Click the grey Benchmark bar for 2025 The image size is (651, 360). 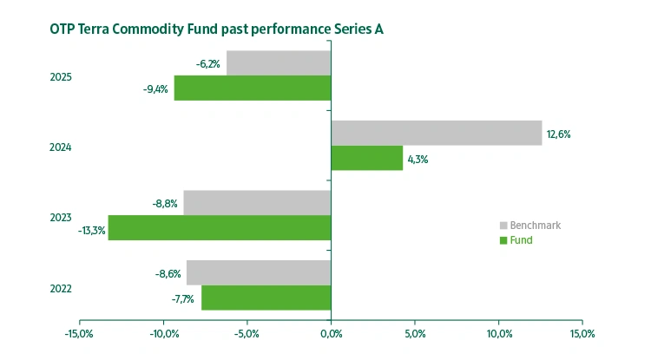click(x=279, y=63)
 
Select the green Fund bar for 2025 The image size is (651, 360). click(x=253, y=88)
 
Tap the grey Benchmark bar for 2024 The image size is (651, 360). click(x=437, y=133)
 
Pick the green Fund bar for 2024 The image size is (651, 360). click(x=367, y=158)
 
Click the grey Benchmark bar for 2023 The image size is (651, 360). click(x=257, y=203)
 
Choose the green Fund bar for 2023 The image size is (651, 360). click(x=220, y=228)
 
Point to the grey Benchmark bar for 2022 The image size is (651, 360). click(x=259, y=272)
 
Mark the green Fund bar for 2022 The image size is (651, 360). click(x=266, y=298)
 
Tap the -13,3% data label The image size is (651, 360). click(x=91, y=230)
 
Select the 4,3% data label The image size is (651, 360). click(x=417, y=160)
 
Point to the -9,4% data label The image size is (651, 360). click(x=155, y=88)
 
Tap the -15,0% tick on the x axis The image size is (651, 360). click(x=79, y=333)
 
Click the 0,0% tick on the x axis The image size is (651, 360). click(x=331, y=333)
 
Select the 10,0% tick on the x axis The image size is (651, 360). click(x=499, y=333)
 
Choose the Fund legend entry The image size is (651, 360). click(x=522, y=240)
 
